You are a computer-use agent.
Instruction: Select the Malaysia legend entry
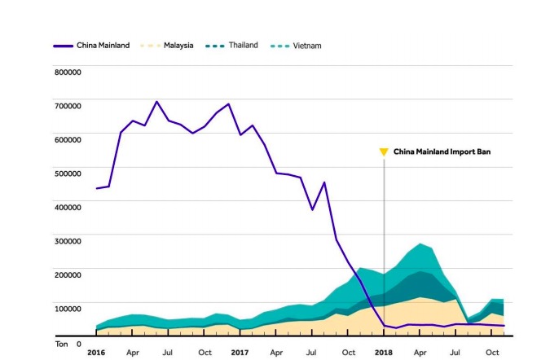177,45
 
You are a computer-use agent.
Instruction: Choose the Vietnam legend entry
305,45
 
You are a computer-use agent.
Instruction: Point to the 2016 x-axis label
96,353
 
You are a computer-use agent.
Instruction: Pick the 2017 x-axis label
240,353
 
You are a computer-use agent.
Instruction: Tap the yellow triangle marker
384,151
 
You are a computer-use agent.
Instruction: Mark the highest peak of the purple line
156,102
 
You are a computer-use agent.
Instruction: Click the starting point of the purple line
96,188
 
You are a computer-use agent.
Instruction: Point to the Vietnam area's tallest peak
420,244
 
